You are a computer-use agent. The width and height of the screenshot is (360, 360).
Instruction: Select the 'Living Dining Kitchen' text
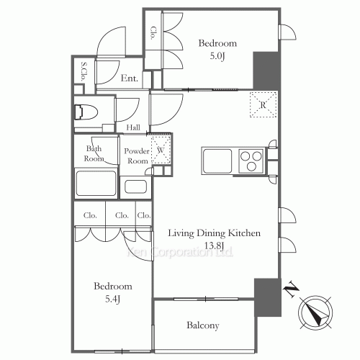point(213,233)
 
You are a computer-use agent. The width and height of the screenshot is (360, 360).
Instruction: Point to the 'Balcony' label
point(202,325)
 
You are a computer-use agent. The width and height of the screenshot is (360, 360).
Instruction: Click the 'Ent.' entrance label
point(130,78)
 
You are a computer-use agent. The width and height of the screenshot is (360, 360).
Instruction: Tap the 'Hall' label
point(133,127)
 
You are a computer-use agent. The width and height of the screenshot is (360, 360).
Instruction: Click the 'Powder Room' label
point(136,156)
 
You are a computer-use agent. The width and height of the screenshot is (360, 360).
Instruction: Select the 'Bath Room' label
point(94,153)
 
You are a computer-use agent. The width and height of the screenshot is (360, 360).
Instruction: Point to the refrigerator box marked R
point(263,104)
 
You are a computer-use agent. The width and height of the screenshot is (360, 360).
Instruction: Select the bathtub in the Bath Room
point(96,184)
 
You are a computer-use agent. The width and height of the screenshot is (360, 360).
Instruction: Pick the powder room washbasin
point(136,187)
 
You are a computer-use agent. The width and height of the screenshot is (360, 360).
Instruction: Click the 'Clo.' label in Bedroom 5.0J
point(153,32)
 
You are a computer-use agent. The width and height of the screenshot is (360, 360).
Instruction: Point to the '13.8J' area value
point(214,246)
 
